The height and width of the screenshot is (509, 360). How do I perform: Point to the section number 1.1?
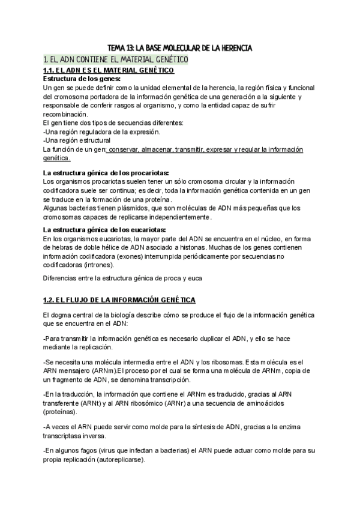pos(50,71)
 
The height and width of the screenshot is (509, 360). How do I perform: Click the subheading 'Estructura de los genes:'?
pos(82,79)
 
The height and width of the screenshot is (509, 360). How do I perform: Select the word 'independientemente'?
pos(175,217)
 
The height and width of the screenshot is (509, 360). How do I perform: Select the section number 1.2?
pos(50,299)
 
